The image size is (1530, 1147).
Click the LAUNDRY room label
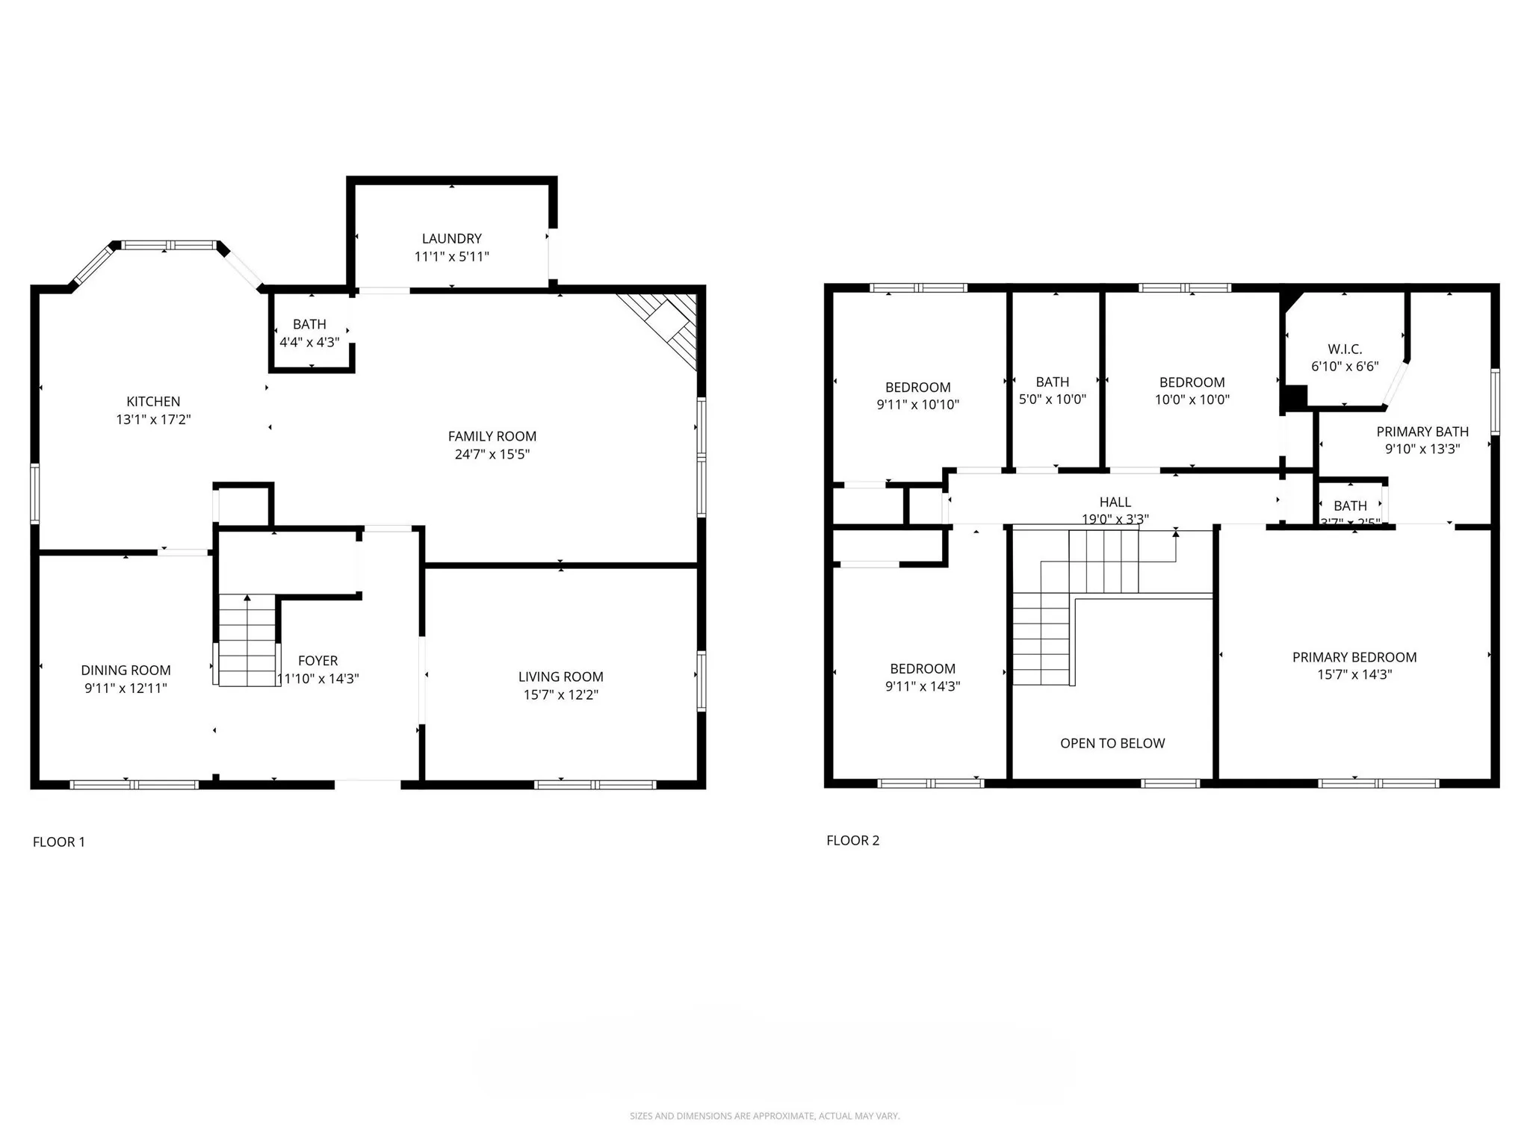(x=451, y=238)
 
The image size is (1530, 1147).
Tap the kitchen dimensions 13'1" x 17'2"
(x=153, y=420)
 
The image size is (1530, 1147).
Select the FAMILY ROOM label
(x=492, y=436)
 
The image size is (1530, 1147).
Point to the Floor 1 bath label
(x=309, y=324)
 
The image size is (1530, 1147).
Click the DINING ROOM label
(x=126, y=671)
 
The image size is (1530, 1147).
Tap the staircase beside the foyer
(x=247, y=641)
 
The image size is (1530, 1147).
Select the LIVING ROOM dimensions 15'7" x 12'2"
(x=560, y=694)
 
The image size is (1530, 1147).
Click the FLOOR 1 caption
(x=59, y=842)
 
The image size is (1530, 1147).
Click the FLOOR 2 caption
(x=852, y=840)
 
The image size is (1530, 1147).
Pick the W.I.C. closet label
(x=1345, y=349)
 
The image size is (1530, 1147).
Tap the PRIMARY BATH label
(x=1422, y=432)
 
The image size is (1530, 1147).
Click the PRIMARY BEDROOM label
(x=1354, y=657)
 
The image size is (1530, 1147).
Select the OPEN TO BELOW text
(x=1112, y=743)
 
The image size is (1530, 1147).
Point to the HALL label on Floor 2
(x=1115, y=502)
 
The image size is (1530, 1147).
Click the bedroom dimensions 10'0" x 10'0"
(x=1192, y=400)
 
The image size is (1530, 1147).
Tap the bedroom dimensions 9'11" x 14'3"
(x=922, y=686)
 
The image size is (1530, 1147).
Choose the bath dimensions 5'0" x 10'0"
(x=1052, y=400)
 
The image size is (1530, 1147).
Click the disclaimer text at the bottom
(x=764, y=1116)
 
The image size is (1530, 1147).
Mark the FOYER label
(x=318, y=661)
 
